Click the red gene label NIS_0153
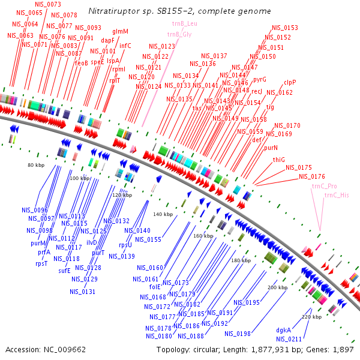[x=285, y=28]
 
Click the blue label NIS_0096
[x=35, y=210]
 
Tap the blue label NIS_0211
[x=289, y=340]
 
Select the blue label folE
[x=155, y=287]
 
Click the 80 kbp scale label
[x=37, y=164]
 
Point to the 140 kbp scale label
[x=162, y=214]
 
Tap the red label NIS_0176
[x=312, y=176]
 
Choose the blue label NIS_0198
[x=238, y=334]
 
